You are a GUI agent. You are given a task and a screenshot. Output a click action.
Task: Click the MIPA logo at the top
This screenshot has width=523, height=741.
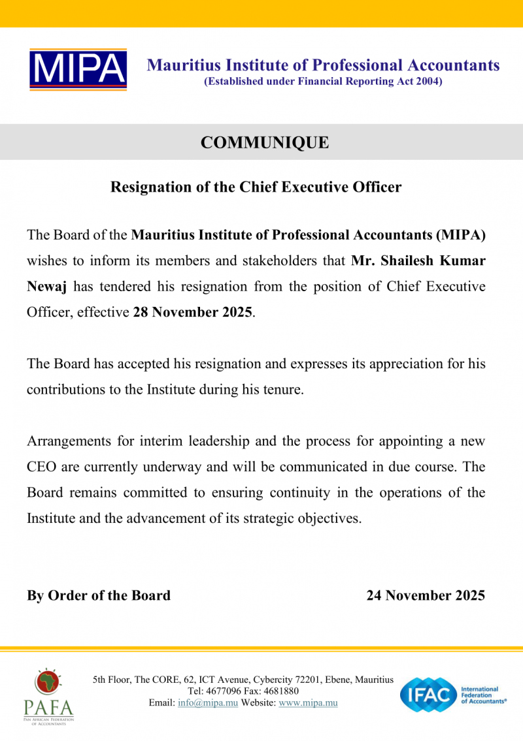point(78,69)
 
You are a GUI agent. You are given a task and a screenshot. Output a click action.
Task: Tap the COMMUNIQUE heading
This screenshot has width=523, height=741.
point(265,142)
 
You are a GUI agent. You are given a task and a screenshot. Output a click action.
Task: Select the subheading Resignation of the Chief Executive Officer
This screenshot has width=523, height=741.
point(256,187)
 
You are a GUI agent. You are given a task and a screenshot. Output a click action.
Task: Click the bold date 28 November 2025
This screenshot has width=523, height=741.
point(192,312)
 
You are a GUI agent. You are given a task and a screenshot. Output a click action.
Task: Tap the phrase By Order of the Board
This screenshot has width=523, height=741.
point(99,595)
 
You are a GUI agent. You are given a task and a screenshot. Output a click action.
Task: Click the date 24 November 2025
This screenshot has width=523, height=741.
point(426,595)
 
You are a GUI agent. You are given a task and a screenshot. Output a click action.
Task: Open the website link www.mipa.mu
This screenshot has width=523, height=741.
point(308,703)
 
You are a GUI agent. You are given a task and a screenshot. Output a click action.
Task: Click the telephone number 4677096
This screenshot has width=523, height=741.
point(226,691)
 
